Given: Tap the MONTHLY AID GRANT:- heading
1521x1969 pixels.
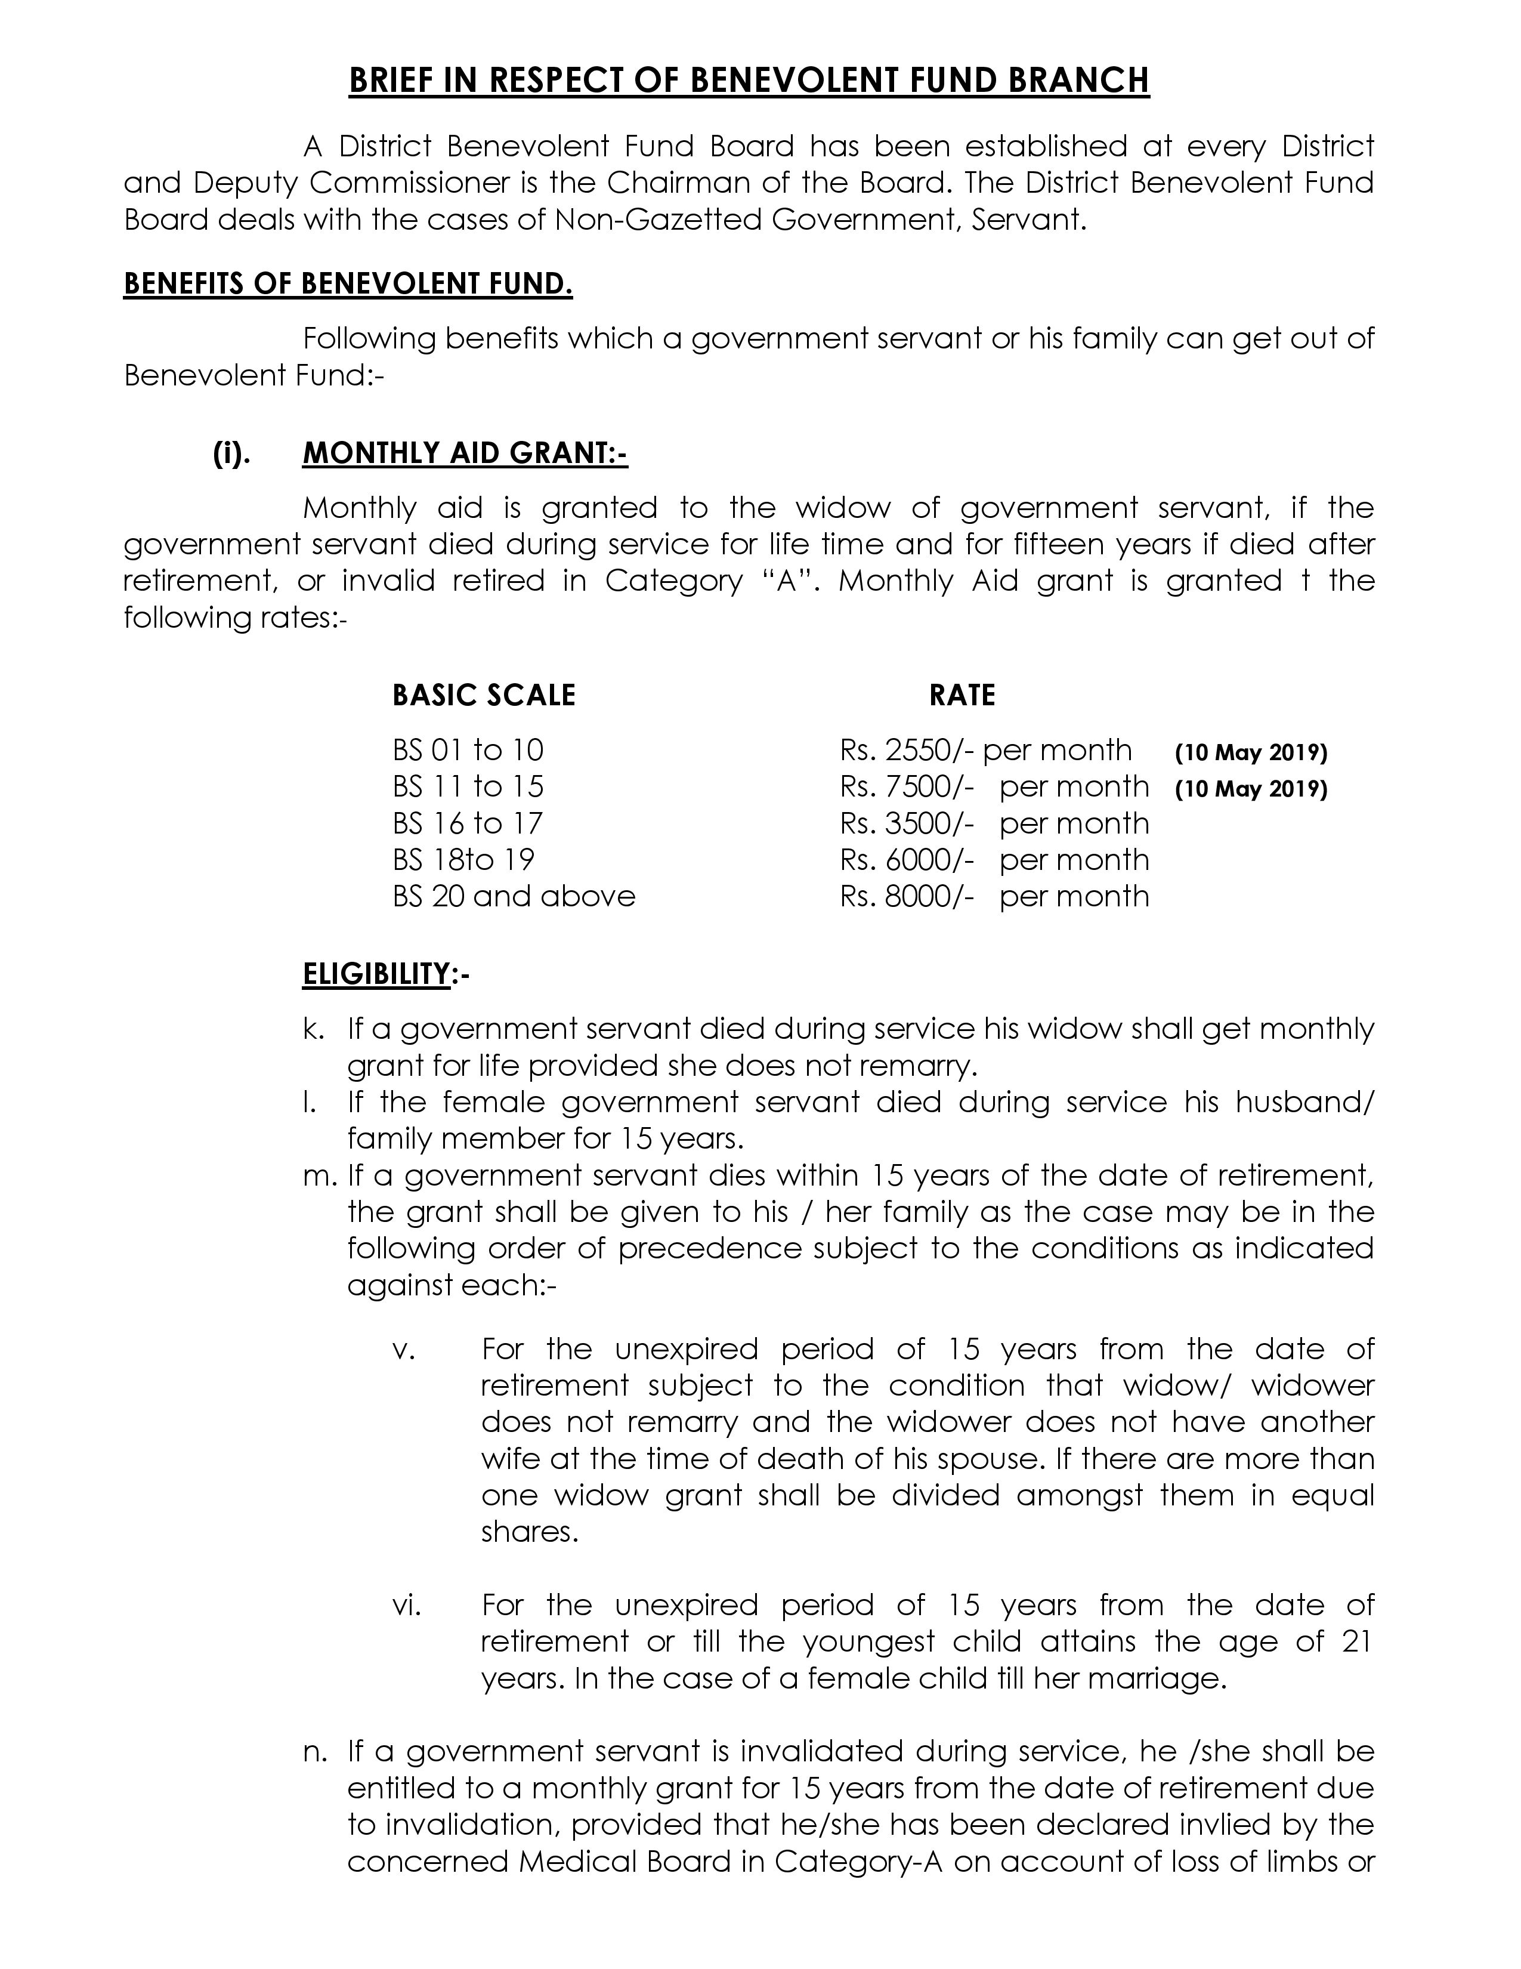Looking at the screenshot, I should [x=465, y=453].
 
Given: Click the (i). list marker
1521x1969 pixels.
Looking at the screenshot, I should [x=231, y=453].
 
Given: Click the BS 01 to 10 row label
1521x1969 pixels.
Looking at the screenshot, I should [x=468, y=750].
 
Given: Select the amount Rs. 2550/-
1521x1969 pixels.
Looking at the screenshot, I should [x=907, y=750].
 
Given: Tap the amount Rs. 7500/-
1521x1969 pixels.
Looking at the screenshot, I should [x=907, y=786].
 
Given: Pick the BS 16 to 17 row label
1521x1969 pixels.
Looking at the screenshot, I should [x=468, y=823].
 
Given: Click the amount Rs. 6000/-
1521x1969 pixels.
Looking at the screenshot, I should [x=907, y=859].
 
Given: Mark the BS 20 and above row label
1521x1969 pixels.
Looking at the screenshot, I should [x=514, y=896].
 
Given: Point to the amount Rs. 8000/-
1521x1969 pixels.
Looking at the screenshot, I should [x=907, y=896].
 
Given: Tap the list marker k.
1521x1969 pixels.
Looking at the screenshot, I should [x=313, y=1029].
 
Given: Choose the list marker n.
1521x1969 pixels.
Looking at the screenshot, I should [x=313, y=1751].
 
